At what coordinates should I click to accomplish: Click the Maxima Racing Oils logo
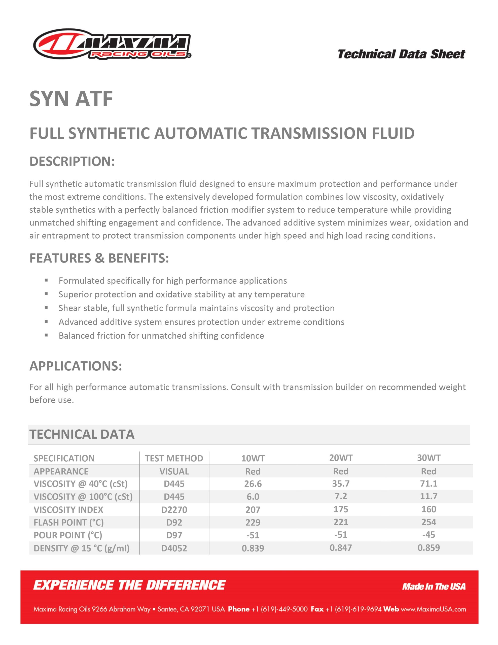pos(112,44)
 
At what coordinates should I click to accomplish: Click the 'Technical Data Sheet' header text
pos(401,54)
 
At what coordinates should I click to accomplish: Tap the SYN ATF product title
pos(71,99)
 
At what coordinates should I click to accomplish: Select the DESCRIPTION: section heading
pos(72,161)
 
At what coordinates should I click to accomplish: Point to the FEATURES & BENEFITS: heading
pos(99,258)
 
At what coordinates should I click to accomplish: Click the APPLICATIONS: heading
pos(76,366)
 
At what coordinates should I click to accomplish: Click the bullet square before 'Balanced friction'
pos(46,335)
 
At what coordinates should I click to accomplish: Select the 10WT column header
pos(253,458)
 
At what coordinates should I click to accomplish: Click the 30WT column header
pos(428,458)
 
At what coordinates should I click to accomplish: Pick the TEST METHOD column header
pos(174,458)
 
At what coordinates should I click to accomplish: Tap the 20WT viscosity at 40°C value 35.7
pos(341,483)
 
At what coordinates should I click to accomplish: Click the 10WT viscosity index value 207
pos(253,509)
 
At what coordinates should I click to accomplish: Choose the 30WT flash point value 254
pos(428,522)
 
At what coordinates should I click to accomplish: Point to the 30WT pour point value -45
pos(428,535)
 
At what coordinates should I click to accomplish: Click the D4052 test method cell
pos(174,548)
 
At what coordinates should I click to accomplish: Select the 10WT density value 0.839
pos(253,548)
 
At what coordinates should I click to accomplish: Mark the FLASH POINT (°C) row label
pos(68,523)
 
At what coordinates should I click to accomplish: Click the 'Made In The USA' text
pos(434,587)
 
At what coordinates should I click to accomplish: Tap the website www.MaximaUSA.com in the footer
pos(433,609)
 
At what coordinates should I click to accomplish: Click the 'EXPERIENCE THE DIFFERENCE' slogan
pos(129,585)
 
